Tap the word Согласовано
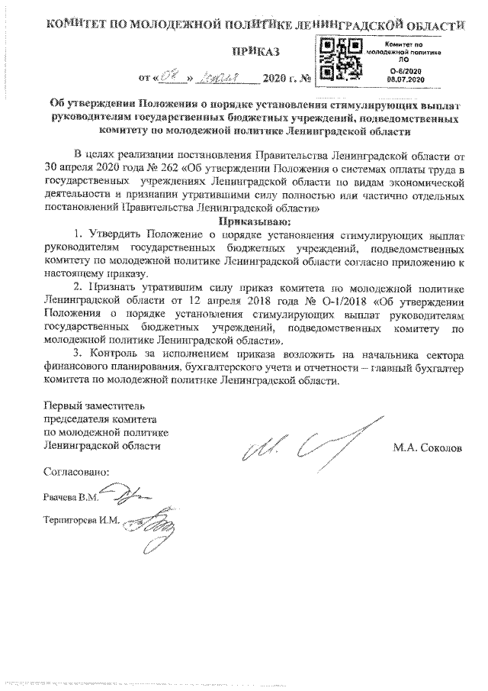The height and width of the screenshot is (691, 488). [76, 472]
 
